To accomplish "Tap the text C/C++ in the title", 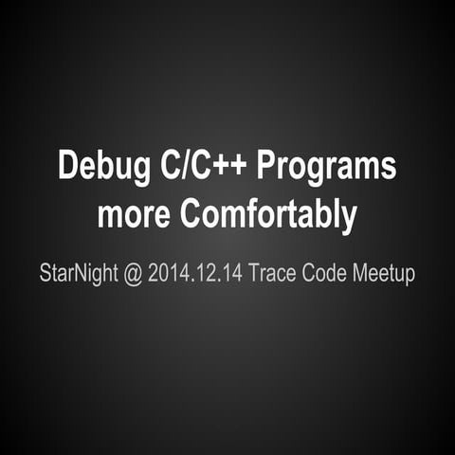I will [x=202, y=166].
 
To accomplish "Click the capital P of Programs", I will [x=267, y=166].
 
